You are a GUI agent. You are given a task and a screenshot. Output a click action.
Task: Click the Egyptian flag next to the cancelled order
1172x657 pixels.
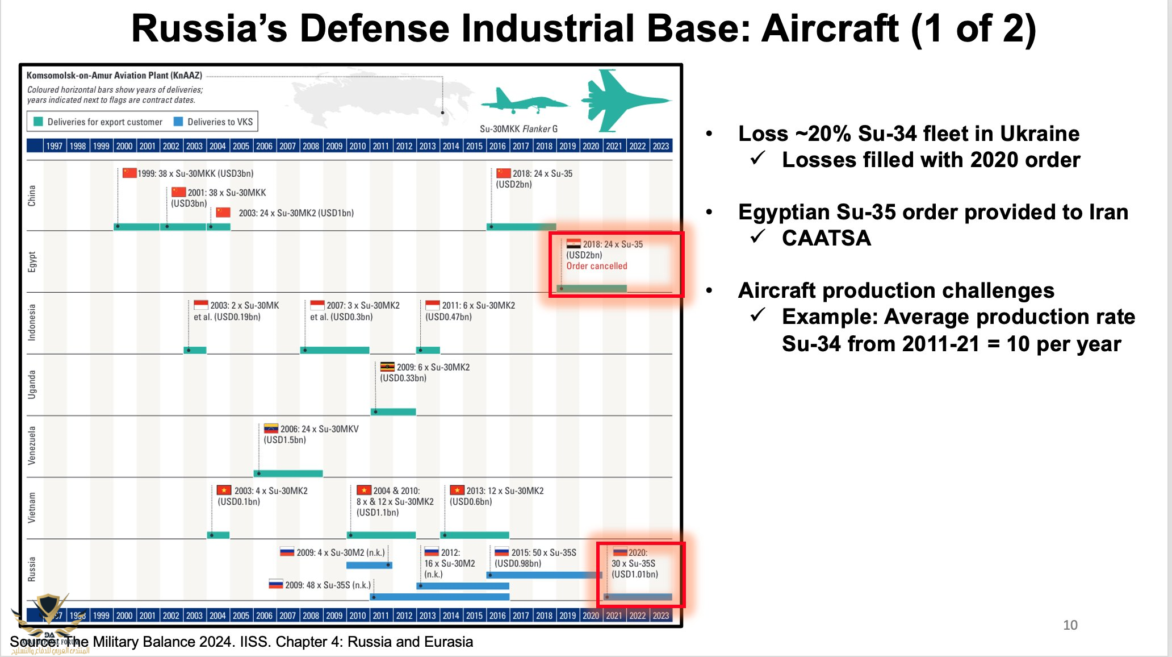tap(574, 244)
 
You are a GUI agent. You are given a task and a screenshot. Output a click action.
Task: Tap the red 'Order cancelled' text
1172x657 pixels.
tap(596, 266)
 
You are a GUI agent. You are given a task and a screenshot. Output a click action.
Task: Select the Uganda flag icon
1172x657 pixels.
tap(387, 367)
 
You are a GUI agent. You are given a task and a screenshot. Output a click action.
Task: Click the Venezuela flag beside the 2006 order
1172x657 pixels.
tap(271, 429)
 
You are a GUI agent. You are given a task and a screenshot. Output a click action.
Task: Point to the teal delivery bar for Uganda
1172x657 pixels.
tap(394, 411)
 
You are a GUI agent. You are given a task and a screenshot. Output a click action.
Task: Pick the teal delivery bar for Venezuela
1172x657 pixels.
tap(288, 473)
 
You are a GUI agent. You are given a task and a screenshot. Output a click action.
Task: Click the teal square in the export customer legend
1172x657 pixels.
tap(39, 122)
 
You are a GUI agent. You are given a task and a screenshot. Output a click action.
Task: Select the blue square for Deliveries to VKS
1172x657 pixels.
tap(178, 122)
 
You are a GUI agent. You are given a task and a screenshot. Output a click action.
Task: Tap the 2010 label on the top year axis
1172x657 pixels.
tap(358, 146)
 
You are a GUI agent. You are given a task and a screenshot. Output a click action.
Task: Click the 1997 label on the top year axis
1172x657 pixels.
tap(55, 146)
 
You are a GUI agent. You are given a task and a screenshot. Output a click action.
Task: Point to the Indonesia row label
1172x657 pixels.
tap(32, 322)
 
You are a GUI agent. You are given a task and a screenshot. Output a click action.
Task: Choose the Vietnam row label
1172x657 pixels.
tap(32, 508)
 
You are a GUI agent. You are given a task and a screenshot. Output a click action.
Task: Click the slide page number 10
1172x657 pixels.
tap(1070, 625)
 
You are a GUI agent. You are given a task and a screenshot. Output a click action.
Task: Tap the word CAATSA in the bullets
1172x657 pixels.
tap(826, 238)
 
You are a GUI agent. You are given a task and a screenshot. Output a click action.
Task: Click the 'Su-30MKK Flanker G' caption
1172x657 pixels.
tap(518, 129)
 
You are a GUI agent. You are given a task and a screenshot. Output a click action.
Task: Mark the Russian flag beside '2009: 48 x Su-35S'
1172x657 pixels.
tap(276, 584)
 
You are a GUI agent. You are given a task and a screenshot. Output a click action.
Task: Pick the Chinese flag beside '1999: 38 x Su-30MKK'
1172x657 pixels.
tap(129, 173)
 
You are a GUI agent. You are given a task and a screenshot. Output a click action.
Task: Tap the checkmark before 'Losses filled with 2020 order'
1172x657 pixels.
tap(758, 159)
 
